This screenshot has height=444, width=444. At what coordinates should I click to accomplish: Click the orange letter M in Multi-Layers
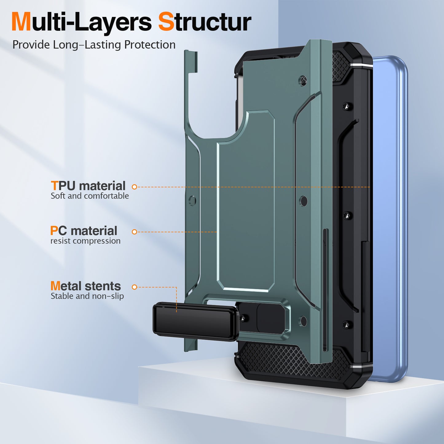pyautogui.click(x=21, y=22)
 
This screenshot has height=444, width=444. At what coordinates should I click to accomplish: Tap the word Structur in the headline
pyautogui.click(x=205, y=22)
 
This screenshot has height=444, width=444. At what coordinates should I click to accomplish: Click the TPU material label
pyautogui.click(x=88, y=186)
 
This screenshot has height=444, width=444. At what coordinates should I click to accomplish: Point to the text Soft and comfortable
pyautogui.click(x=90, y=196)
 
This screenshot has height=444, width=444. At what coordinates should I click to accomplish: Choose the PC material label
pyautogui.click(x=84, y=231)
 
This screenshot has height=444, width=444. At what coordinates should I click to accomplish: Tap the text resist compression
pyautogui.click(x=85, y=241)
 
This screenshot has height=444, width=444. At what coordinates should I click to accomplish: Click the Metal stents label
pyautogui.click(x=86, y=286)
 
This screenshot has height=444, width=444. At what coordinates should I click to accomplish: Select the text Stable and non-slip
pyautogui.click(x=87, y=296)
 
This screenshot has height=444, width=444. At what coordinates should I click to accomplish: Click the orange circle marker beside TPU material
pyautogui.click(x=134, y=187)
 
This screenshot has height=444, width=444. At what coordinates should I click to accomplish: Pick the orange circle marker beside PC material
pyautogui.click(x=134, y=232)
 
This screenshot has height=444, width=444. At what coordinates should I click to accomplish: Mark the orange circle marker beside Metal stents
pyautogui.click(x=134, y=287)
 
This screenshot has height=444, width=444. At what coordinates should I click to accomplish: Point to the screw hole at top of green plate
pyautogui.click(x=303, y=81)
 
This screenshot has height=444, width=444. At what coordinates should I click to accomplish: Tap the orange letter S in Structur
pyautogui.click(x=166, y=22)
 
